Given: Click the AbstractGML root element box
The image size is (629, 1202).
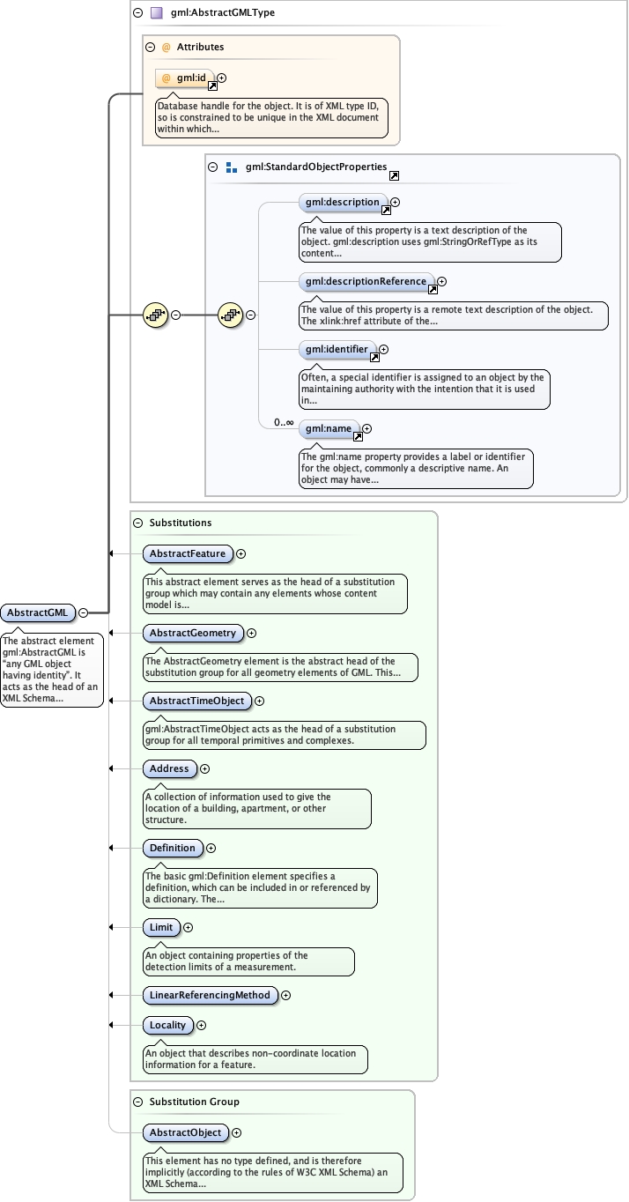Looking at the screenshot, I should (37, 612).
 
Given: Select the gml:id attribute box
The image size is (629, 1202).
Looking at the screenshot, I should (185, 78).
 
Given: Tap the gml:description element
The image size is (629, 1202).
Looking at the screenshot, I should (343, 202).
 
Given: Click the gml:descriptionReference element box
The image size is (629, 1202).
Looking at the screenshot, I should (366, 281).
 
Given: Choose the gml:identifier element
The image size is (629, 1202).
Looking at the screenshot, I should (337, 350).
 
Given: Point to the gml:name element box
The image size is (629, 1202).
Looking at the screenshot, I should (328, 429).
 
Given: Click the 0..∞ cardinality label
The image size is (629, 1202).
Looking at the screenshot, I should (283, 423).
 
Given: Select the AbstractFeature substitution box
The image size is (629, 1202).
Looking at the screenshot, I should (188, 553).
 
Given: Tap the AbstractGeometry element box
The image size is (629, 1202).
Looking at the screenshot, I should (192, 633).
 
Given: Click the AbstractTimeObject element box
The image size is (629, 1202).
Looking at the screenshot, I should (196, 701).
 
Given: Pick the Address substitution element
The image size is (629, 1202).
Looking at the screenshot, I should (169, 768).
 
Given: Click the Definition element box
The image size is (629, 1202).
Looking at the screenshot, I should (173, 848).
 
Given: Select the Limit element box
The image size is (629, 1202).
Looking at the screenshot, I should (161, 927).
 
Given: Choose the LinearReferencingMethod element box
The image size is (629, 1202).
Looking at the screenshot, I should (210, 995).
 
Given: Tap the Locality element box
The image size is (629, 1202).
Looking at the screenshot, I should (167, 1025).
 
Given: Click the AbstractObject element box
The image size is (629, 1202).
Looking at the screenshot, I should (185, 1132).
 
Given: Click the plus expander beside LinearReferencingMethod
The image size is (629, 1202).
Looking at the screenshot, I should (285, 995).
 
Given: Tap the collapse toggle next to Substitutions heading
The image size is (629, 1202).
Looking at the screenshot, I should (137, 523).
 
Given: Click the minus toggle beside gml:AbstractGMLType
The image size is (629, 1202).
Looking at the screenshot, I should (137, 13).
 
